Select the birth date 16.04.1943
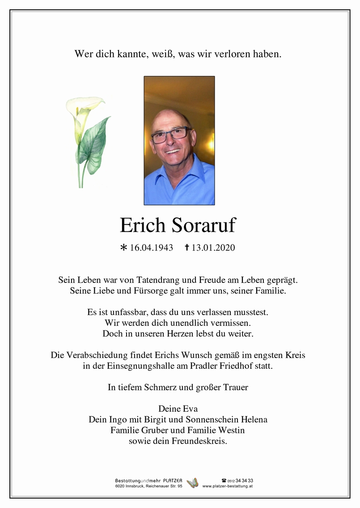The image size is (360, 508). (151, 248)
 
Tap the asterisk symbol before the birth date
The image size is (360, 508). (124, 248)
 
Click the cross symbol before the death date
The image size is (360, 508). (187, 247)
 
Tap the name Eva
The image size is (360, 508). (189, 409)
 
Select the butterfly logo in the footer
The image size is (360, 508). (193, 482)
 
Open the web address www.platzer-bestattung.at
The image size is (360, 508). (227, 486)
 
